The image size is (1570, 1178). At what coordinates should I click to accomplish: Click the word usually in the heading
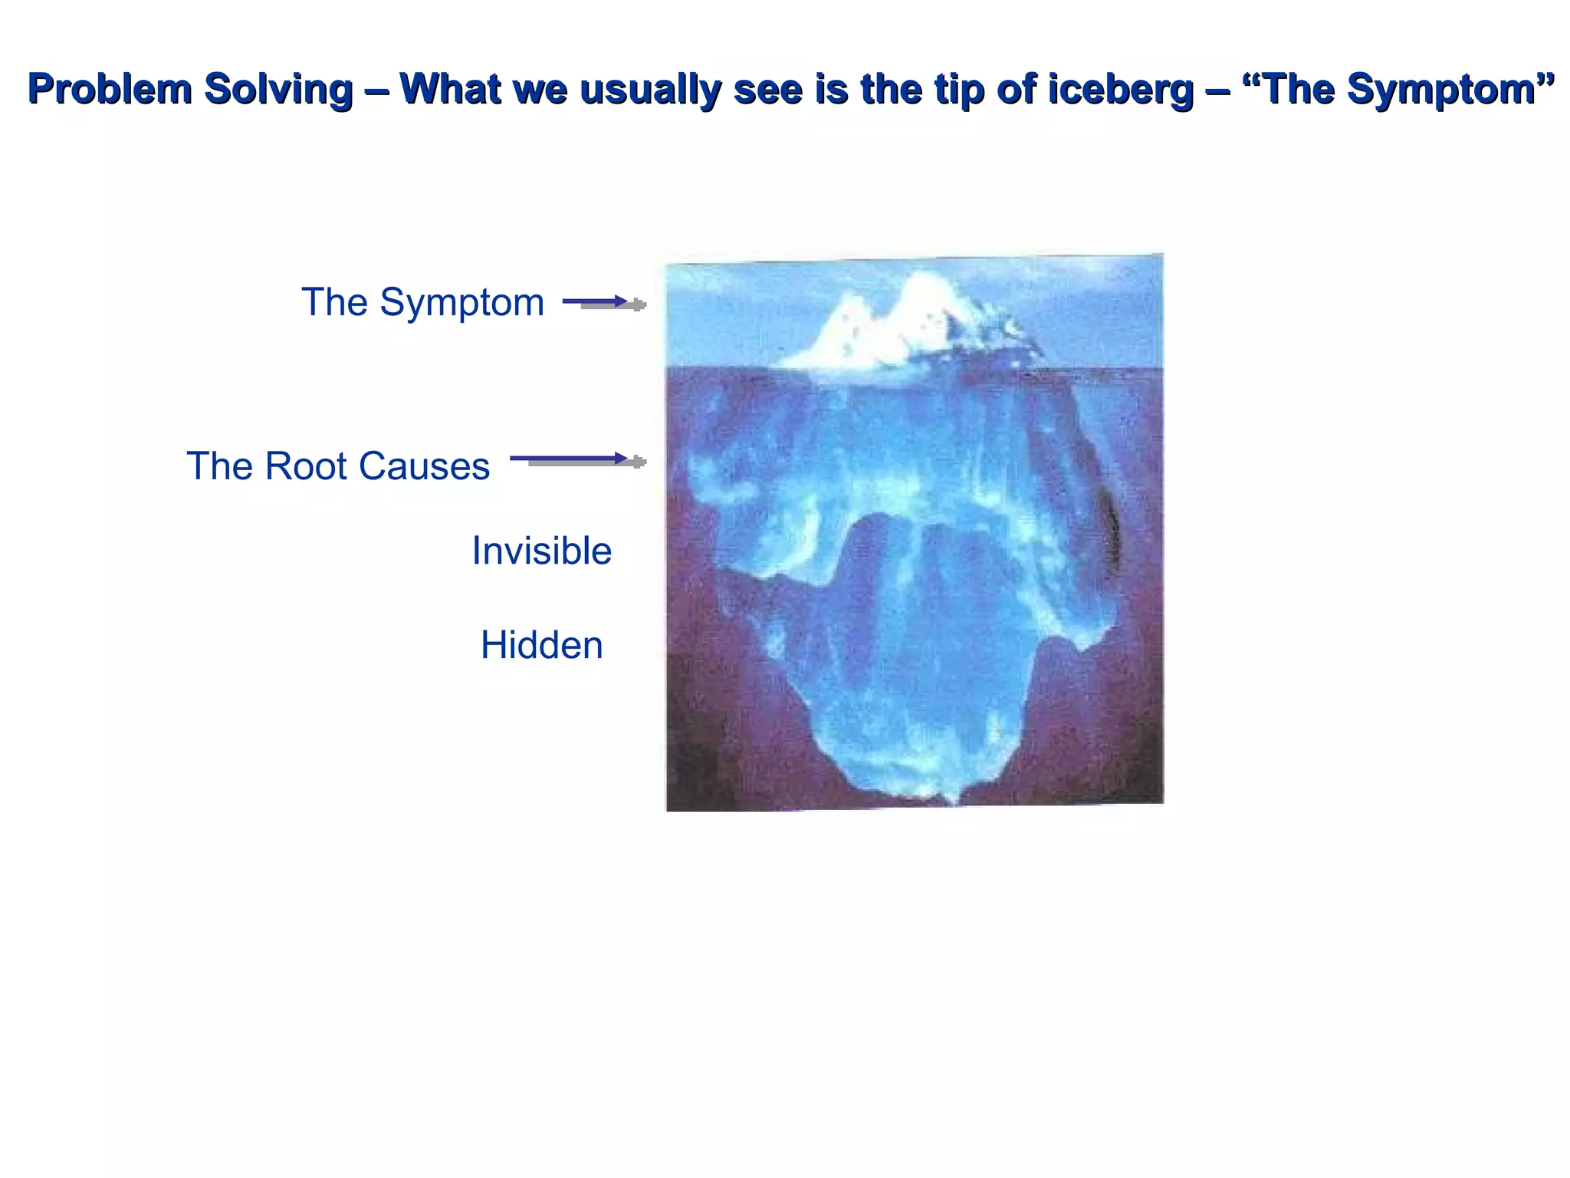coord(649,89)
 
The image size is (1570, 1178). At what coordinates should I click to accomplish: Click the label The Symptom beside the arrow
coord(422,301)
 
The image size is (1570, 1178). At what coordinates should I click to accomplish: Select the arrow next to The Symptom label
coord(604,303)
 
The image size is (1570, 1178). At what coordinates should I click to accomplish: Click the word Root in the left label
coord(305,466)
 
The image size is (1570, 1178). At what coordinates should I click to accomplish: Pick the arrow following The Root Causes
coord(578,460)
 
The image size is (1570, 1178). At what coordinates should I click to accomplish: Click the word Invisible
coord(541,551)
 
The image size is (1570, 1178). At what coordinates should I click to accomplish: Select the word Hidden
coord(541,645)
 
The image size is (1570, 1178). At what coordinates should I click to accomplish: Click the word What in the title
coord(451,89)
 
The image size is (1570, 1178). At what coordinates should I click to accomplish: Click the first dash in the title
coord(377,89)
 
